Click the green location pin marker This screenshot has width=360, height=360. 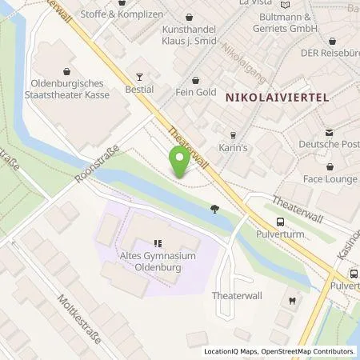180,162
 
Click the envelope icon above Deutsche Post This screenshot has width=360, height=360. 328,132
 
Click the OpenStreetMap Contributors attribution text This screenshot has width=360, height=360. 310,351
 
